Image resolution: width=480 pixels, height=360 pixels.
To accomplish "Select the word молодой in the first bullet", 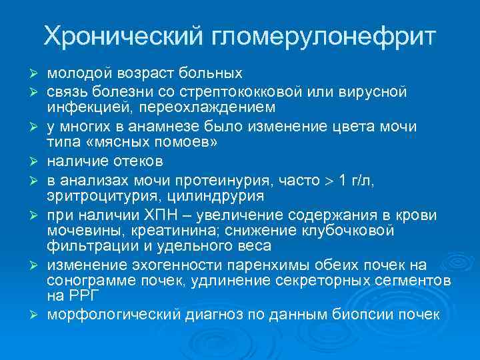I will click(x=74, y=72).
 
